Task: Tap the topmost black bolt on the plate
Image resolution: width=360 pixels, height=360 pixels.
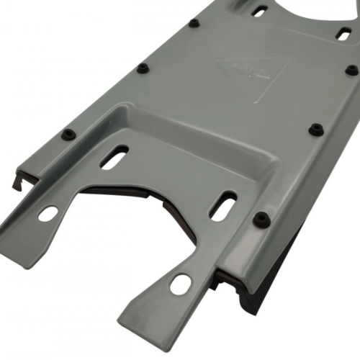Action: click(194, 23)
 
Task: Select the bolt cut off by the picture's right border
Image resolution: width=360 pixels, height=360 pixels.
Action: click(351, 71)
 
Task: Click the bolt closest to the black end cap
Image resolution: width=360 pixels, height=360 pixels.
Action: click(68, 134)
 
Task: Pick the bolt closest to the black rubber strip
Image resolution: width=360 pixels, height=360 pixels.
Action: click(263, 217)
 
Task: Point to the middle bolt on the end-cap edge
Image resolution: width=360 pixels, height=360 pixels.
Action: click(143, 68)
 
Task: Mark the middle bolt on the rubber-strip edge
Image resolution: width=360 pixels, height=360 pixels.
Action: click(295, 130)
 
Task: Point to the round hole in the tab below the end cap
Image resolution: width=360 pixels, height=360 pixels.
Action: click(48, 214)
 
